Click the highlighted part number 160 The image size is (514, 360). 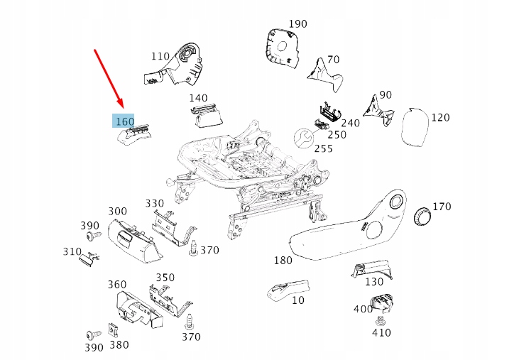point(124,121)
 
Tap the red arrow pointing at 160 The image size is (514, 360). point(108,78)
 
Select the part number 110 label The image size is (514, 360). point(160,56)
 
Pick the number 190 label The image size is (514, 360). point(297,24)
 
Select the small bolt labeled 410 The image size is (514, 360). point(379,318)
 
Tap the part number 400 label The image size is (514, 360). point(363,309)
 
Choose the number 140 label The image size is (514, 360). point(198,98)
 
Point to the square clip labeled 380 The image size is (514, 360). point(112,330)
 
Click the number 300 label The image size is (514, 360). point(117,212)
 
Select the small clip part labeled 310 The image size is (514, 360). point(87,258)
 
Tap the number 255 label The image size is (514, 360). point(323,148)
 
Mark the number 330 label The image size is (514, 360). point(155,203)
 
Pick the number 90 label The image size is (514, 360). point(385,94)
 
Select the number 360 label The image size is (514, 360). point(117,285)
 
